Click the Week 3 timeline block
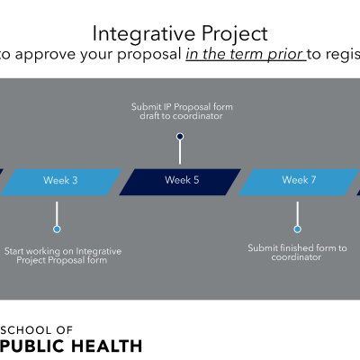[61, 182]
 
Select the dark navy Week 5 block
[180, 182]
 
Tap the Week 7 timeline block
[299, 182]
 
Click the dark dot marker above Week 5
[180, 137]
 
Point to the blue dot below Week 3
[57, 229]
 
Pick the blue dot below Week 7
[297, 229]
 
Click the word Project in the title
[235, 34]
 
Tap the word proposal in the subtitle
[149, 55]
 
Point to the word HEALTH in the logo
[107, 346]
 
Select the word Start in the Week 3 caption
[14, 251]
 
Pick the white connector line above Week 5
[180, 152]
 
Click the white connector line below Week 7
[297, 213]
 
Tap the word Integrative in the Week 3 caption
[99, 251]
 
